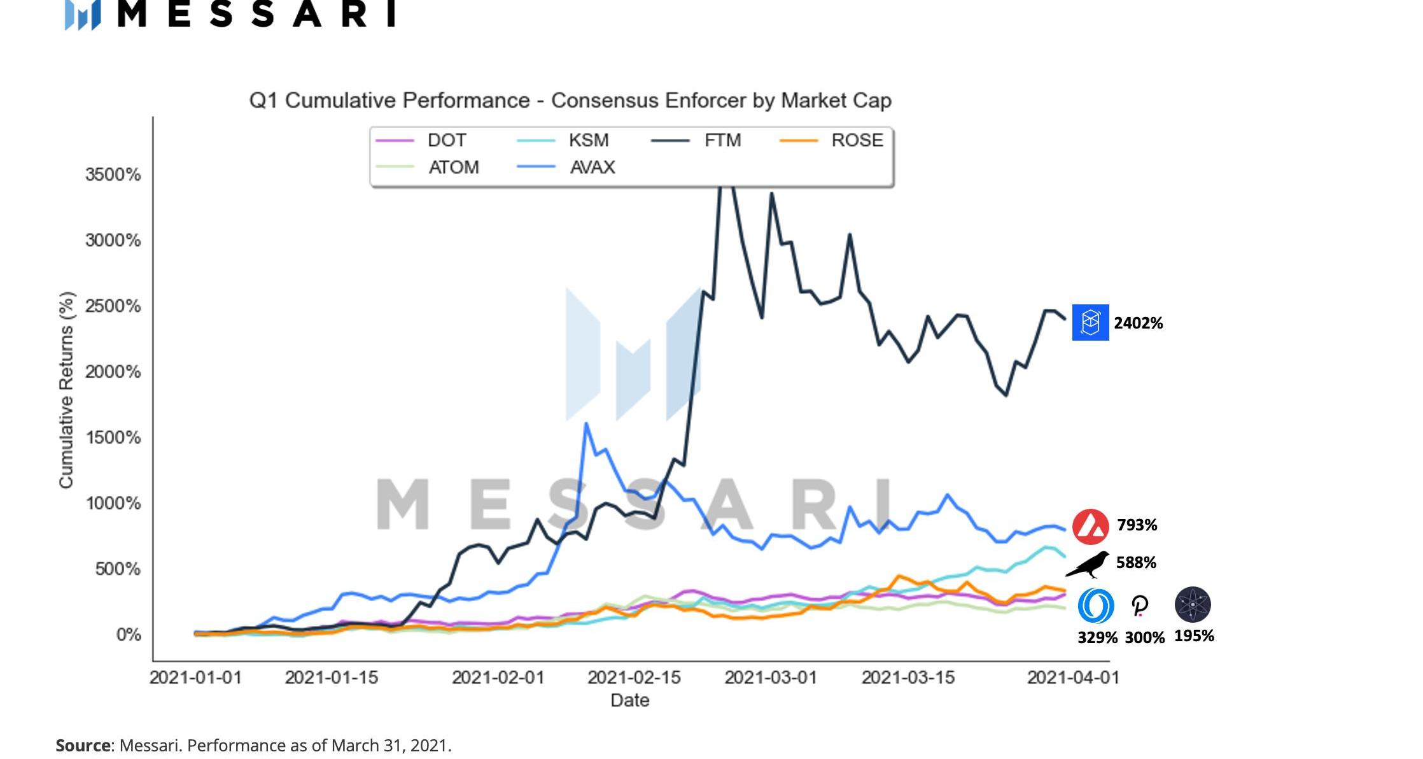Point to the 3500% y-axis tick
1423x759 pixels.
pyautogui.click(x=113, y=174)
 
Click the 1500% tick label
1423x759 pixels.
pyautogui.click(x=113, y=437)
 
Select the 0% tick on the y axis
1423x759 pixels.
pyautogui.click(x=129, y=634)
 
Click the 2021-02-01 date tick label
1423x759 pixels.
pyautogui.click(x=498, y=677)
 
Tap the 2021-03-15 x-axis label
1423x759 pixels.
pyautogui.click(x=908, y=677)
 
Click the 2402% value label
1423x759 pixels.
pyautogui.click(x=1138, y=323)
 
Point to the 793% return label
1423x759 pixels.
pyautogui.click(x=1137, y=525)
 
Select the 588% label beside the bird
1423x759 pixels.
pyautogui.click(x=1136, y=562)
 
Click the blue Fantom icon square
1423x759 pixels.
pyautogui.click(x=1090, y=322)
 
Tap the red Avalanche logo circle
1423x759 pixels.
pyautogui.click(x=1090, y=527)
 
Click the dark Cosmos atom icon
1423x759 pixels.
pyautogui.click(x=1193, y=604)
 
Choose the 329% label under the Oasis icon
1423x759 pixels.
pyautogui.click(x=1097, y=637)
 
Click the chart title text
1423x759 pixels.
pyautogui.click(x=570, y=101)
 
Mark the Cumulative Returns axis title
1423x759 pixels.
pyautogui.click(x=66, y=390)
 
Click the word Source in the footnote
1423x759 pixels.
pyautogui.click(x=83, y=746)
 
